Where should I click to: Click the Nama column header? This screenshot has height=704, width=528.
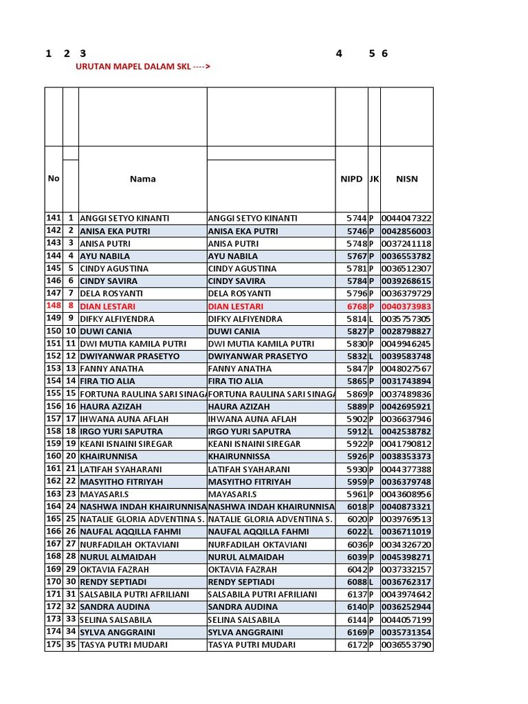pos(142,179)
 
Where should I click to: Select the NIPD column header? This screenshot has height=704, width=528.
pos(351,179)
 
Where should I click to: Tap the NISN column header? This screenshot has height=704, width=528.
pos(406,179)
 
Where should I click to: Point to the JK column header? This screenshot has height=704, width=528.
pos(374,179)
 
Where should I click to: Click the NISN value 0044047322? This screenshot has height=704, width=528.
pos(406,218)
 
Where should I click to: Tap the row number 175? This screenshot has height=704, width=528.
pos(54,645)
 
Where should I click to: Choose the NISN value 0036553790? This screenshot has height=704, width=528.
pos(406,645)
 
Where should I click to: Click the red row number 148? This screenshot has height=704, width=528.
pos(54,307)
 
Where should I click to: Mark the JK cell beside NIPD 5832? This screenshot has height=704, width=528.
pos(371,356)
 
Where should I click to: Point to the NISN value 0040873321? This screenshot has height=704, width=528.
pos(406,507)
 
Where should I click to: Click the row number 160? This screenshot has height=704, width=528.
pos(54,456)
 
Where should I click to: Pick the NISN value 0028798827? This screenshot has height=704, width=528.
pos(406,331)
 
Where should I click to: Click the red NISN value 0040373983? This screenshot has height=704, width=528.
pos(406,307)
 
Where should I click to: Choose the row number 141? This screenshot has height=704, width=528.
pos(54,218)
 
